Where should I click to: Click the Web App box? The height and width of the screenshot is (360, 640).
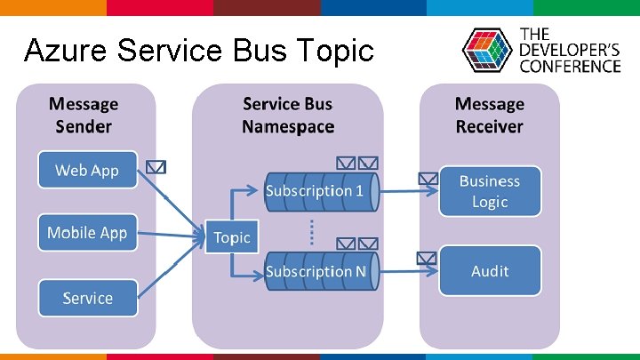87,170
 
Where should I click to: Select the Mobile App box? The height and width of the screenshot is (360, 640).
87,233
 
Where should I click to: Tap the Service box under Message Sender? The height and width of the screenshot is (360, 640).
87,298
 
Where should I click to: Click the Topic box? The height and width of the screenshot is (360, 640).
232,237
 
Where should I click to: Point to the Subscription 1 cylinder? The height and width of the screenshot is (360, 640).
315,191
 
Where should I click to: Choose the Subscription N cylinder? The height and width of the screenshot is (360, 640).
315,270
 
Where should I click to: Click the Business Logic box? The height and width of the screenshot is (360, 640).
490,191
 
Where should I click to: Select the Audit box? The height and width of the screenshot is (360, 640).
490,270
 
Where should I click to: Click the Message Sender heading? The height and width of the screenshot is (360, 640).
84,115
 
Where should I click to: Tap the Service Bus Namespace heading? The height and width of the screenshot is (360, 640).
288,115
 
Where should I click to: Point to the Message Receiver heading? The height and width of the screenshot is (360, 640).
489,115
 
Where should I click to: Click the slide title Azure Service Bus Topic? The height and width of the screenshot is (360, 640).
199,51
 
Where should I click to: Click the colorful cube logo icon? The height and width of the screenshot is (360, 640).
487,51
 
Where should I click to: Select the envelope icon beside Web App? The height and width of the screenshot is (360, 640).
156,166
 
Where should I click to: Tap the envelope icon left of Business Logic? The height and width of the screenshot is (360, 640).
428,178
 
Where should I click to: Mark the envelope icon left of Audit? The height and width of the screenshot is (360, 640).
428,259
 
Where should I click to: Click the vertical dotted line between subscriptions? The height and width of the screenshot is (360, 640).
311,231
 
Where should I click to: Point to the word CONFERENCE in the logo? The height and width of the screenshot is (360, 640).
570,66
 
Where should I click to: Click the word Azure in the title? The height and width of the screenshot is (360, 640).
60,51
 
